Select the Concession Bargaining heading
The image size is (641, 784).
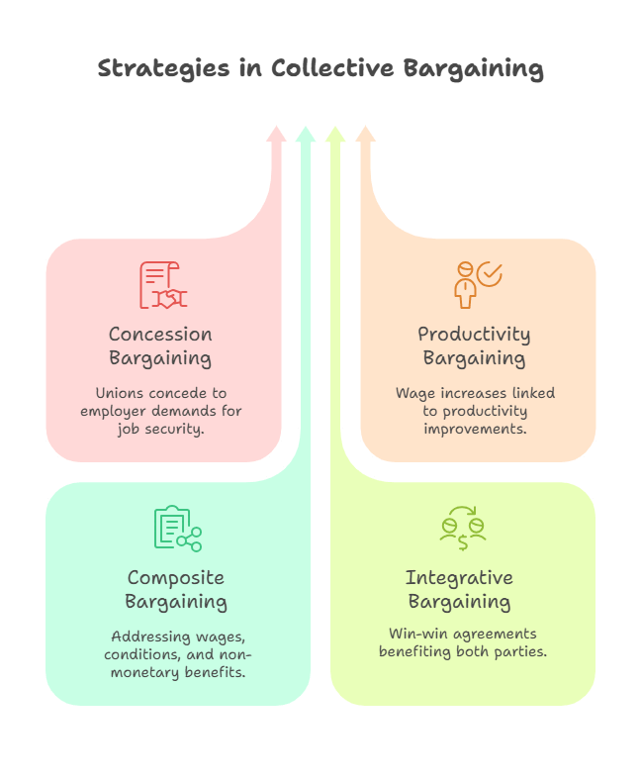(x=160, y=345)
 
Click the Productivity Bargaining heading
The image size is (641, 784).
(x=474, y=345)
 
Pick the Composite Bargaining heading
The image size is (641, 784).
(x=176, y=589)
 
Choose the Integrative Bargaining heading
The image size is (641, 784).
(x=459, y=589)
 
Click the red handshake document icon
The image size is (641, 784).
(x=162, y=285)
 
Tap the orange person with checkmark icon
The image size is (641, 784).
(x=476, y=284)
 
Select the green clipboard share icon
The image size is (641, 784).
(x=177, y=529)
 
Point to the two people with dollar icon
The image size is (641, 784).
(x=462, y=530)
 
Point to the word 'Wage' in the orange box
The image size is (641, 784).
(x=415, y=393)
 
